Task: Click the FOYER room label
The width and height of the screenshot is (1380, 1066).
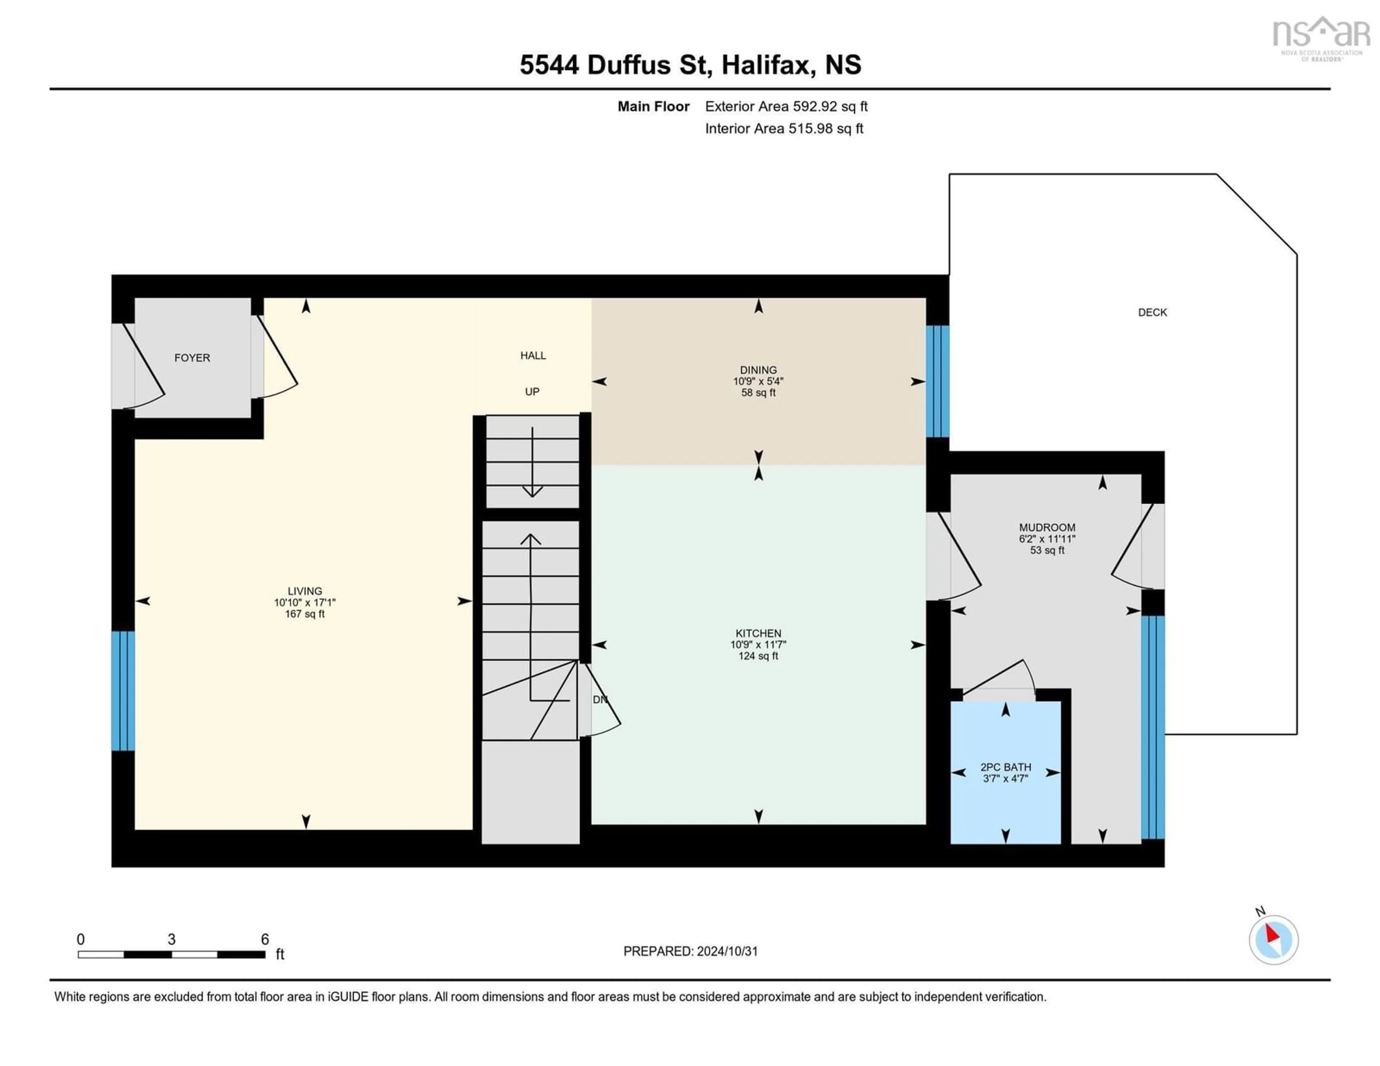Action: coord(192,358)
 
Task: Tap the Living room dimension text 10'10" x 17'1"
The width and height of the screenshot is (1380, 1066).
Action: coord(304,603)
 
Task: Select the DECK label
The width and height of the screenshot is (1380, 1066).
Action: coord(1152,312)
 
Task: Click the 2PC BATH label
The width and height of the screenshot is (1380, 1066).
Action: coord(1005,767)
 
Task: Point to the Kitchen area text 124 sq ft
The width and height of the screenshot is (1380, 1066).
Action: coord(758,656)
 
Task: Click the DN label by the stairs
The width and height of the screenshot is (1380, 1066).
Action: coord(600,699)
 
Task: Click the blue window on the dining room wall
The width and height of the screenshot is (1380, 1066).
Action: coord(937,381)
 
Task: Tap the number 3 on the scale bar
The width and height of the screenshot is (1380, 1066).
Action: coord(171,939)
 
